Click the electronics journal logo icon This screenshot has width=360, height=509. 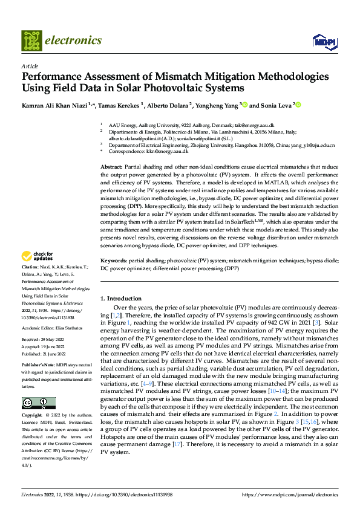click(32, 41)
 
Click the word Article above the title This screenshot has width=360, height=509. click(30, 66)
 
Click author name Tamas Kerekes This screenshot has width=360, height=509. click(120, 105)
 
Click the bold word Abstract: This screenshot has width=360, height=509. click(111, 166)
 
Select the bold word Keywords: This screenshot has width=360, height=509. click(114, 260)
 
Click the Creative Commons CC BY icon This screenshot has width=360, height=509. click(38, 403)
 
